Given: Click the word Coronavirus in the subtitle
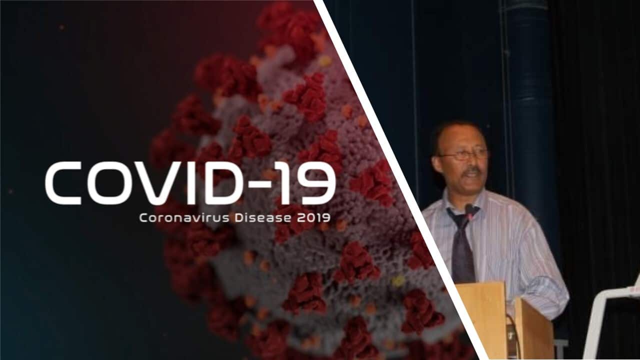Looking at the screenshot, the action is point(184,218).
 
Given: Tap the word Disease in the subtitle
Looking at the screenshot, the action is point(263,218).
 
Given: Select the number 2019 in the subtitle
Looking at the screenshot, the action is point(313,218).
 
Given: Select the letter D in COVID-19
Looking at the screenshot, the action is point(220,183).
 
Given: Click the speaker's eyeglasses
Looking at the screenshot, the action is point(463,155).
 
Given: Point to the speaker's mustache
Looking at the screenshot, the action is point(473,171).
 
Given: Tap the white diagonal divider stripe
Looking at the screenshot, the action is point(398,180).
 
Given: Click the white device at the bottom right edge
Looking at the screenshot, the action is point(614,323).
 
